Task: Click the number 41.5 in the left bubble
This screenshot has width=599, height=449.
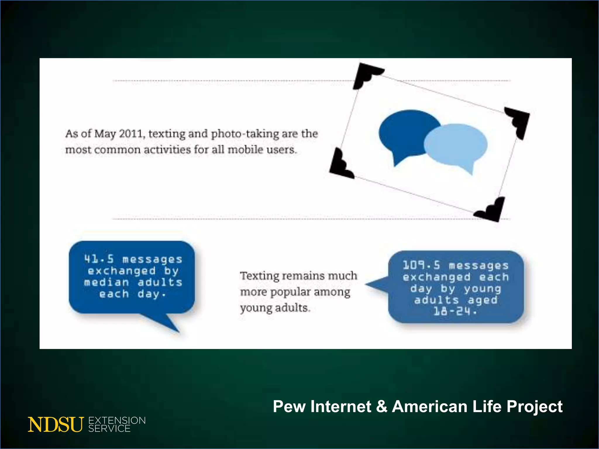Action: coord(99,259)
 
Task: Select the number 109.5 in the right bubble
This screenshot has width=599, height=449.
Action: coord(421,265)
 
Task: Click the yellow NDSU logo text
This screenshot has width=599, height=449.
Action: coord(56,424)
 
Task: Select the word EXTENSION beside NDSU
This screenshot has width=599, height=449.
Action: coord(117,420)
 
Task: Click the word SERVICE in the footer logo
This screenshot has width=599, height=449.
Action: coord(109,429)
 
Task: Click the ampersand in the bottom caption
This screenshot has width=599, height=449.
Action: coord(382,407)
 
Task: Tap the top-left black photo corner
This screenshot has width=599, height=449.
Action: coord(364,75)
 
